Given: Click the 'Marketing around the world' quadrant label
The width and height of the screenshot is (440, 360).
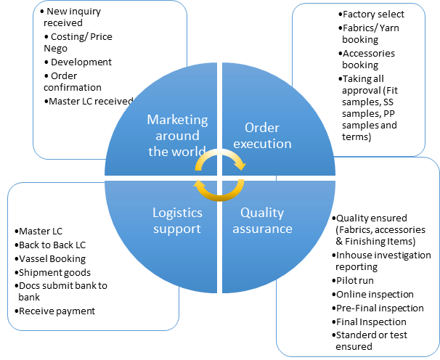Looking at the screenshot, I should click(x=177, y=135).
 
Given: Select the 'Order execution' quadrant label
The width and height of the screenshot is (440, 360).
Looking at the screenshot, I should click(x=263, y=135).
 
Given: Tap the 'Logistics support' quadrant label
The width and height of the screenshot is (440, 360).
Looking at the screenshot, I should click(x=177, y=220).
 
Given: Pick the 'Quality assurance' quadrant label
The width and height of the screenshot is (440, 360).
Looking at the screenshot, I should click(x=266, y=220).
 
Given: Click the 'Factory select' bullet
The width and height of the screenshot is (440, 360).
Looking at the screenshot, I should click(x=373, y=15).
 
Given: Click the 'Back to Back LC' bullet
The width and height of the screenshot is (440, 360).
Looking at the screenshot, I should click(x=52, y=245).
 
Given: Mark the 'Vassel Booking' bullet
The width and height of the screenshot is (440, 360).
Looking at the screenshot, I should click(x=52, y=258).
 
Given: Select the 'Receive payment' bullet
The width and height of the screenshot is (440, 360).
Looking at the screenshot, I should click(x=57, y=311).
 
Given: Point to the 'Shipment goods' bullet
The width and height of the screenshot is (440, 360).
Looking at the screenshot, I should click(x=54, y=272).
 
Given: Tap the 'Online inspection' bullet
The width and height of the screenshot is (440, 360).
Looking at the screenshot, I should click(x=374, y=294).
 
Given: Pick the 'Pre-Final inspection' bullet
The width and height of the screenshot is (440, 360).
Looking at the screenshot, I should click(x=379, y=308).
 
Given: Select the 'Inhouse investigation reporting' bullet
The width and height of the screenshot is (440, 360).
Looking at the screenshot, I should click(x=383, y=261).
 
